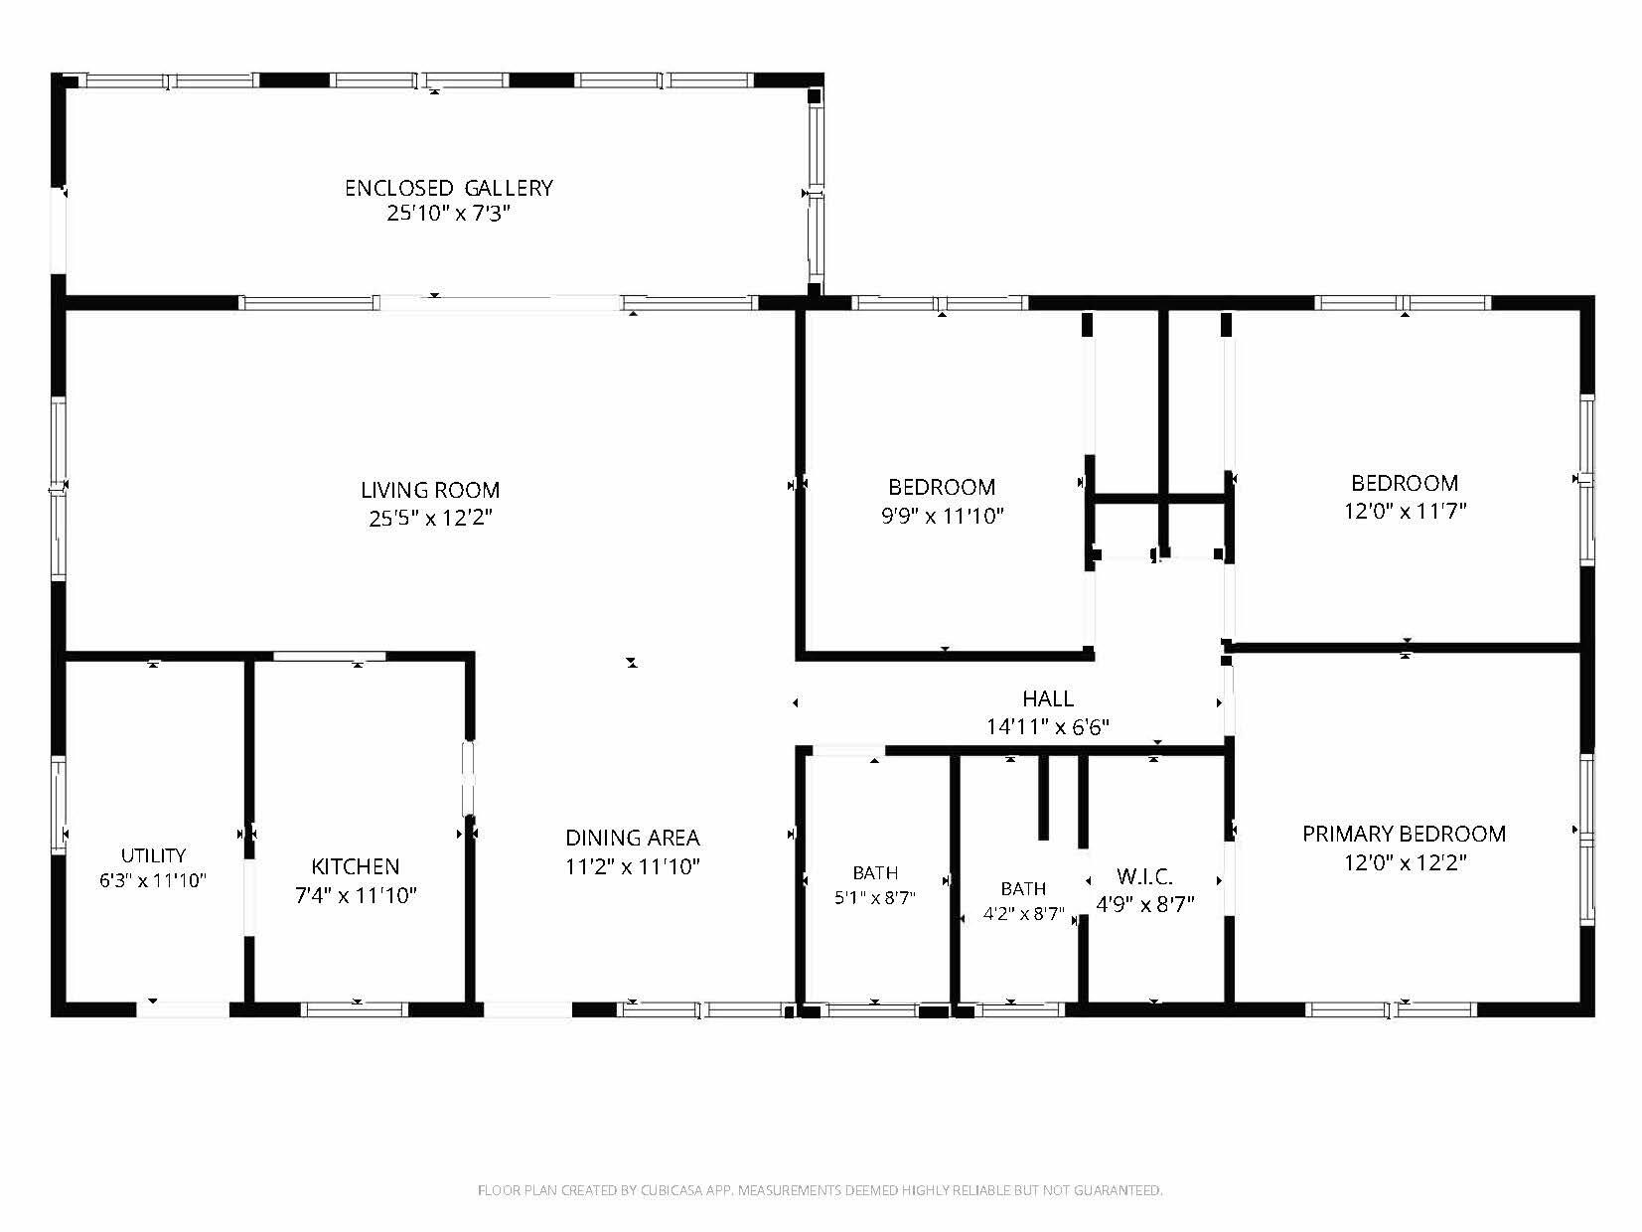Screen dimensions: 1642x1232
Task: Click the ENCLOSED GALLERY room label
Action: pos(448,188)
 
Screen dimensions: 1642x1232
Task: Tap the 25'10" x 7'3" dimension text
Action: pos(448,214)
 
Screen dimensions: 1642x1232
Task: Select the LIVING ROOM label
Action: pos(430,490)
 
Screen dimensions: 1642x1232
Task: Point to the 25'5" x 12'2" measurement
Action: pos(430,518)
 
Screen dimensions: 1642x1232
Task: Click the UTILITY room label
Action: pos(153,855)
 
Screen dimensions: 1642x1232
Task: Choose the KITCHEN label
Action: pos(356,866)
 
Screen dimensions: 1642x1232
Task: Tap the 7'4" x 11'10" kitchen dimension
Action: pos(356,895)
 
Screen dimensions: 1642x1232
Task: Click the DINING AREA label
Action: pos(633,837)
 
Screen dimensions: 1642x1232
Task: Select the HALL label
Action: pos(1048,698)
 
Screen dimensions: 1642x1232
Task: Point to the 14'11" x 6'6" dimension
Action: pos(1048,726)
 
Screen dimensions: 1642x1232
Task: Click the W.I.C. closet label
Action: pos(1144,876)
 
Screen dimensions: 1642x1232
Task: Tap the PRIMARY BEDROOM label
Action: pos(1405,834)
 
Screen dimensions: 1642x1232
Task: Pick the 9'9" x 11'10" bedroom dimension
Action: pos(942,516)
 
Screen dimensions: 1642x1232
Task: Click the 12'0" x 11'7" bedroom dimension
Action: pos(1405,511)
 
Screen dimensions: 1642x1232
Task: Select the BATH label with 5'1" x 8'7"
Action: pos(875,873)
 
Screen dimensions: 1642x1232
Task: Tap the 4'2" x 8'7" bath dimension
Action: pos(1023,913)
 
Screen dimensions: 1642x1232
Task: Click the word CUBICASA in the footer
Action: pos(672,1190)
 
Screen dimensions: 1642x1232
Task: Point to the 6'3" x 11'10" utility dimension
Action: pos(153,880)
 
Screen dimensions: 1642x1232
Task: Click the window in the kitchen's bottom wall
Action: pos(355,1009)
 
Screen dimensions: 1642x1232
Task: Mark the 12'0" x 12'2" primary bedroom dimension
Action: pos(1405,862)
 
